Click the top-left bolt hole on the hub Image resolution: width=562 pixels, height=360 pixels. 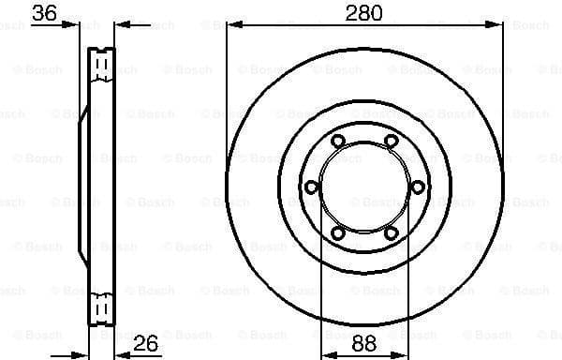338,142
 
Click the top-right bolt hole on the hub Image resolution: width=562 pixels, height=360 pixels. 390,142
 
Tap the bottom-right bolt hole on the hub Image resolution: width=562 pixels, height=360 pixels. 390,231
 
